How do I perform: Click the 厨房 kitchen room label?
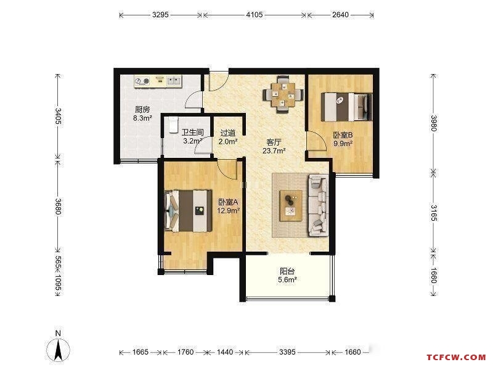click(142, 110)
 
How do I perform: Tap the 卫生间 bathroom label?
click(192, 133)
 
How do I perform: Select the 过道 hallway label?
click(228, 133)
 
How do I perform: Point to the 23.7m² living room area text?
click(274, 150)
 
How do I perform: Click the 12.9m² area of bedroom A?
click(229, 210)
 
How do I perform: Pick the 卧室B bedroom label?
click(343, 135)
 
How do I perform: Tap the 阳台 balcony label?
click(287, 271)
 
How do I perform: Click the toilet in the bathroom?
click(173, 125)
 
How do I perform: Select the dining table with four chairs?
click(283, 94)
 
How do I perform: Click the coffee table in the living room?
click(291, 205)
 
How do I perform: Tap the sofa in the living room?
click(319, 205)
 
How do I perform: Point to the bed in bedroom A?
click(188, 210)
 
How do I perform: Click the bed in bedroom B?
click(346, 107)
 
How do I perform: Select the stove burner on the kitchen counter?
click(143, 81)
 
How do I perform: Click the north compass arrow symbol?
click(58, 350)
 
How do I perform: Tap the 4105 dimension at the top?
click(255, 14)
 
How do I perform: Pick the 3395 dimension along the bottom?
click(287, 352)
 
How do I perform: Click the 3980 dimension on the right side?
click(434, 123)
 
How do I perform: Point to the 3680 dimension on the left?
click(58, 206)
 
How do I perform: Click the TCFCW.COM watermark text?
click(456, 358)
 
